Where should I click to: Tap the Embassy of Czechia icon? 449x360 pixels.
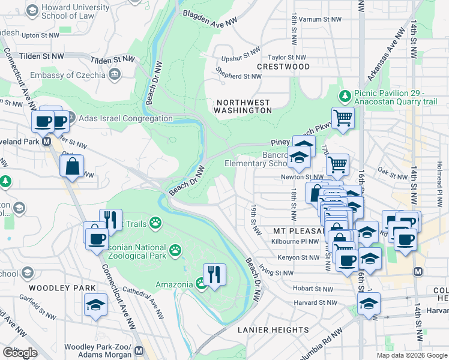point(114,74)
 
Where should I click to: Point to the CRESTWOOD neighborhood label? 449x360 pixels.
point(283,67)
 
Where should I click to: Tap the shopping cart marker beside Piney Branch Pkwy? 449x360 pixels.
point(343,118)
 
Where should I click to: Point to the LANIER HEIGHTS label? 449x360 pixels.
point(273,330)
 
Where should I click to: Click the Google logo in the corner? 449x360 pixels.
point(20,353)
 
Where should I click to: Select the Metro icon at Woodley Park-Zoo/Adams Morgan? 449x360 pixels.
point(139,350)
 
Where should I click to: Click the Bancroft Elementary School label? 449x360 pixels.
point(256,159)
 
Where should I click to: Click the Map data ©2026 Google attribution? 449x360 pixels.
point(412,355)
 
